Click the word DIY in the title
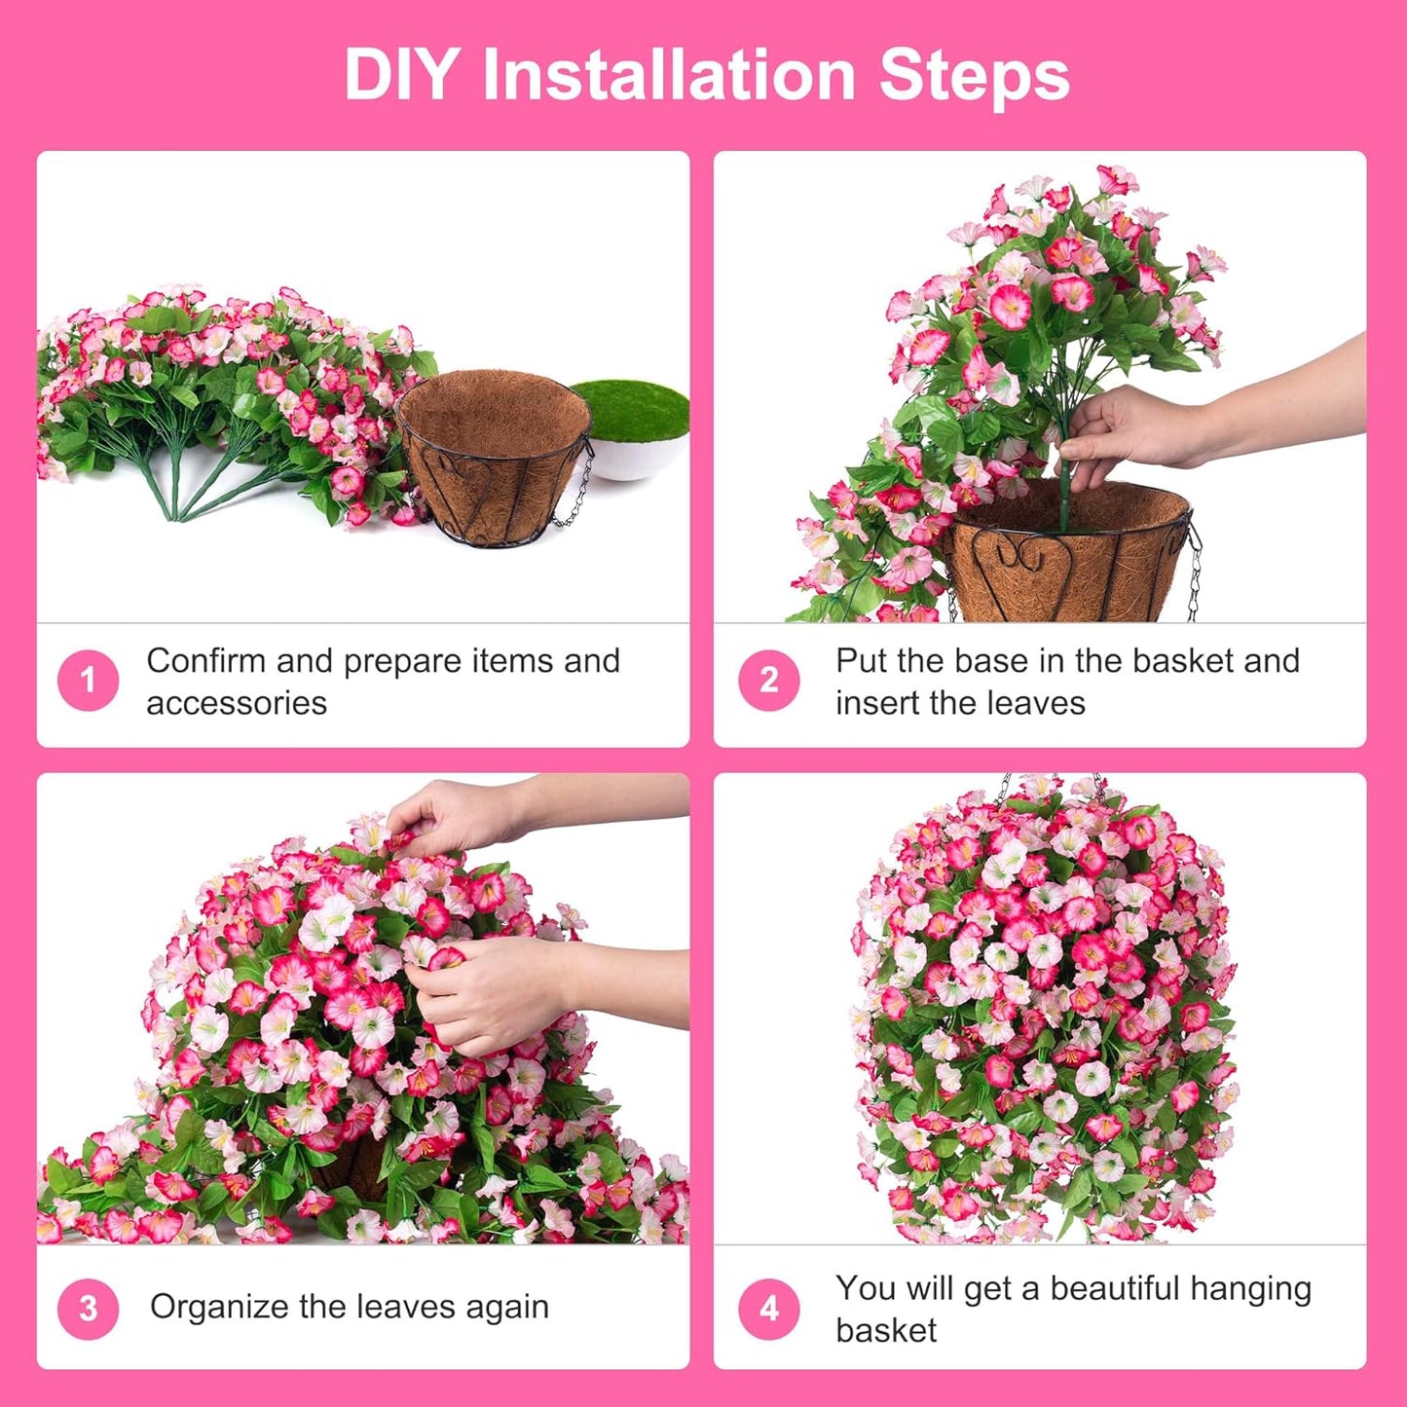pos(400,75)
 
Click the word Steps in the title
pos(973,75)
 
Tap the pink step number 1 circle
pos(88,680)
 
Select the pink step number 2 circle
pos(768,680)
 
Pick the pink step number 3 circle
pos(88,1308)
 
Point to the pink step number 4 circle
pos(768,1308)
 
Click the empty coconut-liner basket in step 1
pos(494,458)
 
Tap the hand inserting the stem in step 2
pos(1120,428)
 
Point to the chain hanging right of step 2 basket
pos(1194,574)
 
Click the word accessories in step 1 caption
pos(237,703)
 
